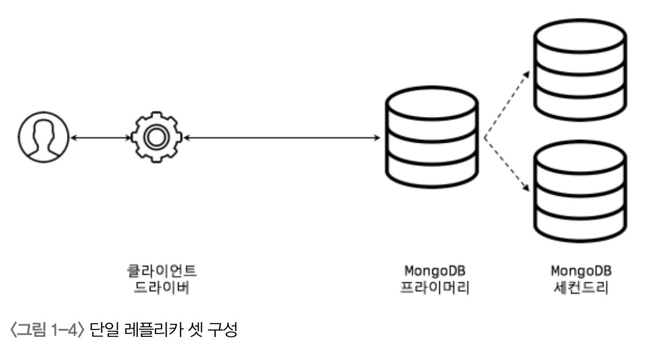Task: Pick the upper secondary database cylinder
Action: click(579, 65)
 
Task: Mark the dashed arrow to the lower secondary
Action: click(507, 167)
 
